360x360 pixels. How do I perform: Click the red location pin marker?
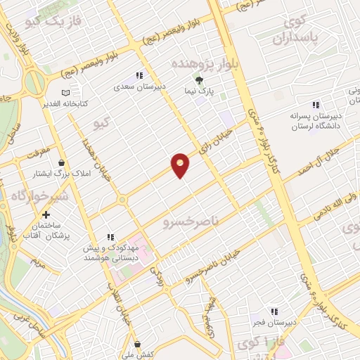pyautogui.click(x=181, y=165)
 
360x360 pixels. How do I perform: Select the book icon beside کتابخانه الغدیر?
pyautogui.click(x=65, y=93)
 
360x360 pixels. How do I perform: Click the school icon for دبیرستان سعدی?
pyautogui.click(x=139, y=75)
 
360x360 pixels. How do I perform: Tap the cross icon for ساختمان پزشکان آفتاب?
pyautogui.click(x=46, y=214)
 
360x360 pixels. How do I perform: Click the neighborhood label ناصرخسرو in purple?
pyautogui.click(x=186, y=224)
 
